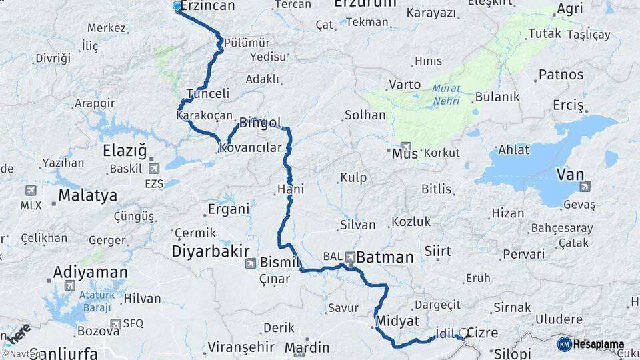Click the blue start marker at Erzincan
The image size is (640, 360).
point(177,6)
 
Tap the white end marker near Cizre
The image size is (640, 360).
point(463,332)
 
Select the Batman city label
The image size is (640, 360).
point(385,257)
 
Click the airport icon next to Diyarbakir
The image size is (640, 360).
point(249,263)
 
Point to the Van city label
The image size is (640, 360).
point(570,175)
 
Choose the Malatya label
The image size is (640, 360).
point(87,196)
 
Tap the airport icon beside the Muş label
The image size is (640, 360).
point(406,146)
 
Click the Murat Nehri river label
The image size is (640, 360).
point(446,93)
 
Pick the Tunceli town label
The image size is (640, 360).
point(208,94)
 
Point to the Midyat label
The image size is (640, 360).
point(397,321)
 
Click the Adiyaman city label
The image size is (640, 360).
point(90,272)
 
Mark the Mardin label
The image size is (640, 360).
point(307,347)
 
